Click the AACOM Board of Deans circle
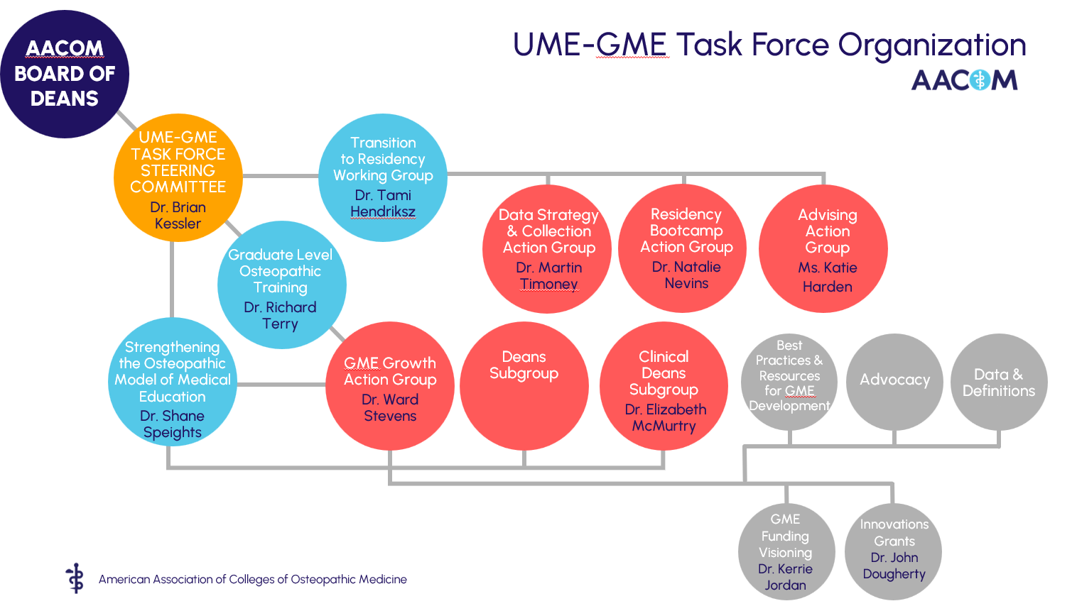pyautogui.click(x=65, y=74)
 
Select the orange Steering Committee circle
pyautogui.click(x=178, y=178)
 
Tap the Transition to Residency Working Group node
pyautogui.click(x=383, y=177)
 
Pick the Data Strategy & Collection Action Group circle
pyautogui.click(x=547, y=249)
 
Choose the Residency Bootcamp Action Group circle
pyautogui.click(x=683, y=248)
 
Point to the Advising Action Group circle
pyautogui.click(x=823, y=249)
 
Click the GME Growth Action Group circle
pyautogui.click(x=390, y=387)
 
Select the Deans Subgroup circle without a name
pyautogui.click(x=524, y=387)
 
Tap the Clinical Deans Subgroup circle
pyautogui.click(x=664, y=387)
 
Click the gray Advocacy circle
pyautogui.click(x=894, y=381)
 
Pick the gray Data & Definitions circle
pyautogui.click(x=999, y=382)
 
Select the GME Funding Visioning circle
pyautogui.click(x=786, y=551)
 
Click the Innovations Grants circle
pyautogui.click(x=893, y=551)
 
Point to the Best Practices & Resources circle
pyautogui.click(x=789, y=381)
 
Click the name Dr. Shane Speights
pyautogui.click(x=172, y=424)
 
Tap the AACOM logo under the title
pyautogui.click(x=964, y=80)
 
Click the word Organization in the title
pyautogui.click(x=932, y=45)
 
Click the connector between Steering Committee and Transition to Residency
pyautogui.click(x=280, y=175)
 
